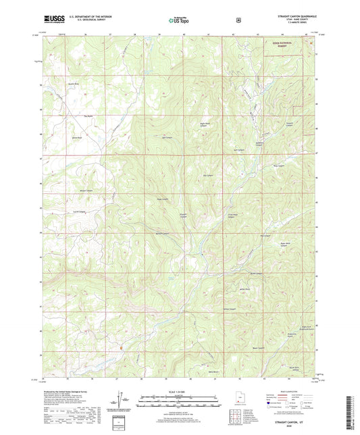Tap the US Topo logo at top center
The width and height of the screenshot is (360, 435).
coord(178,21)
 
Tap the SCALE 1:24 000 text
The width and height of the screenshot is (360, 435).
coord(180,392)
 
